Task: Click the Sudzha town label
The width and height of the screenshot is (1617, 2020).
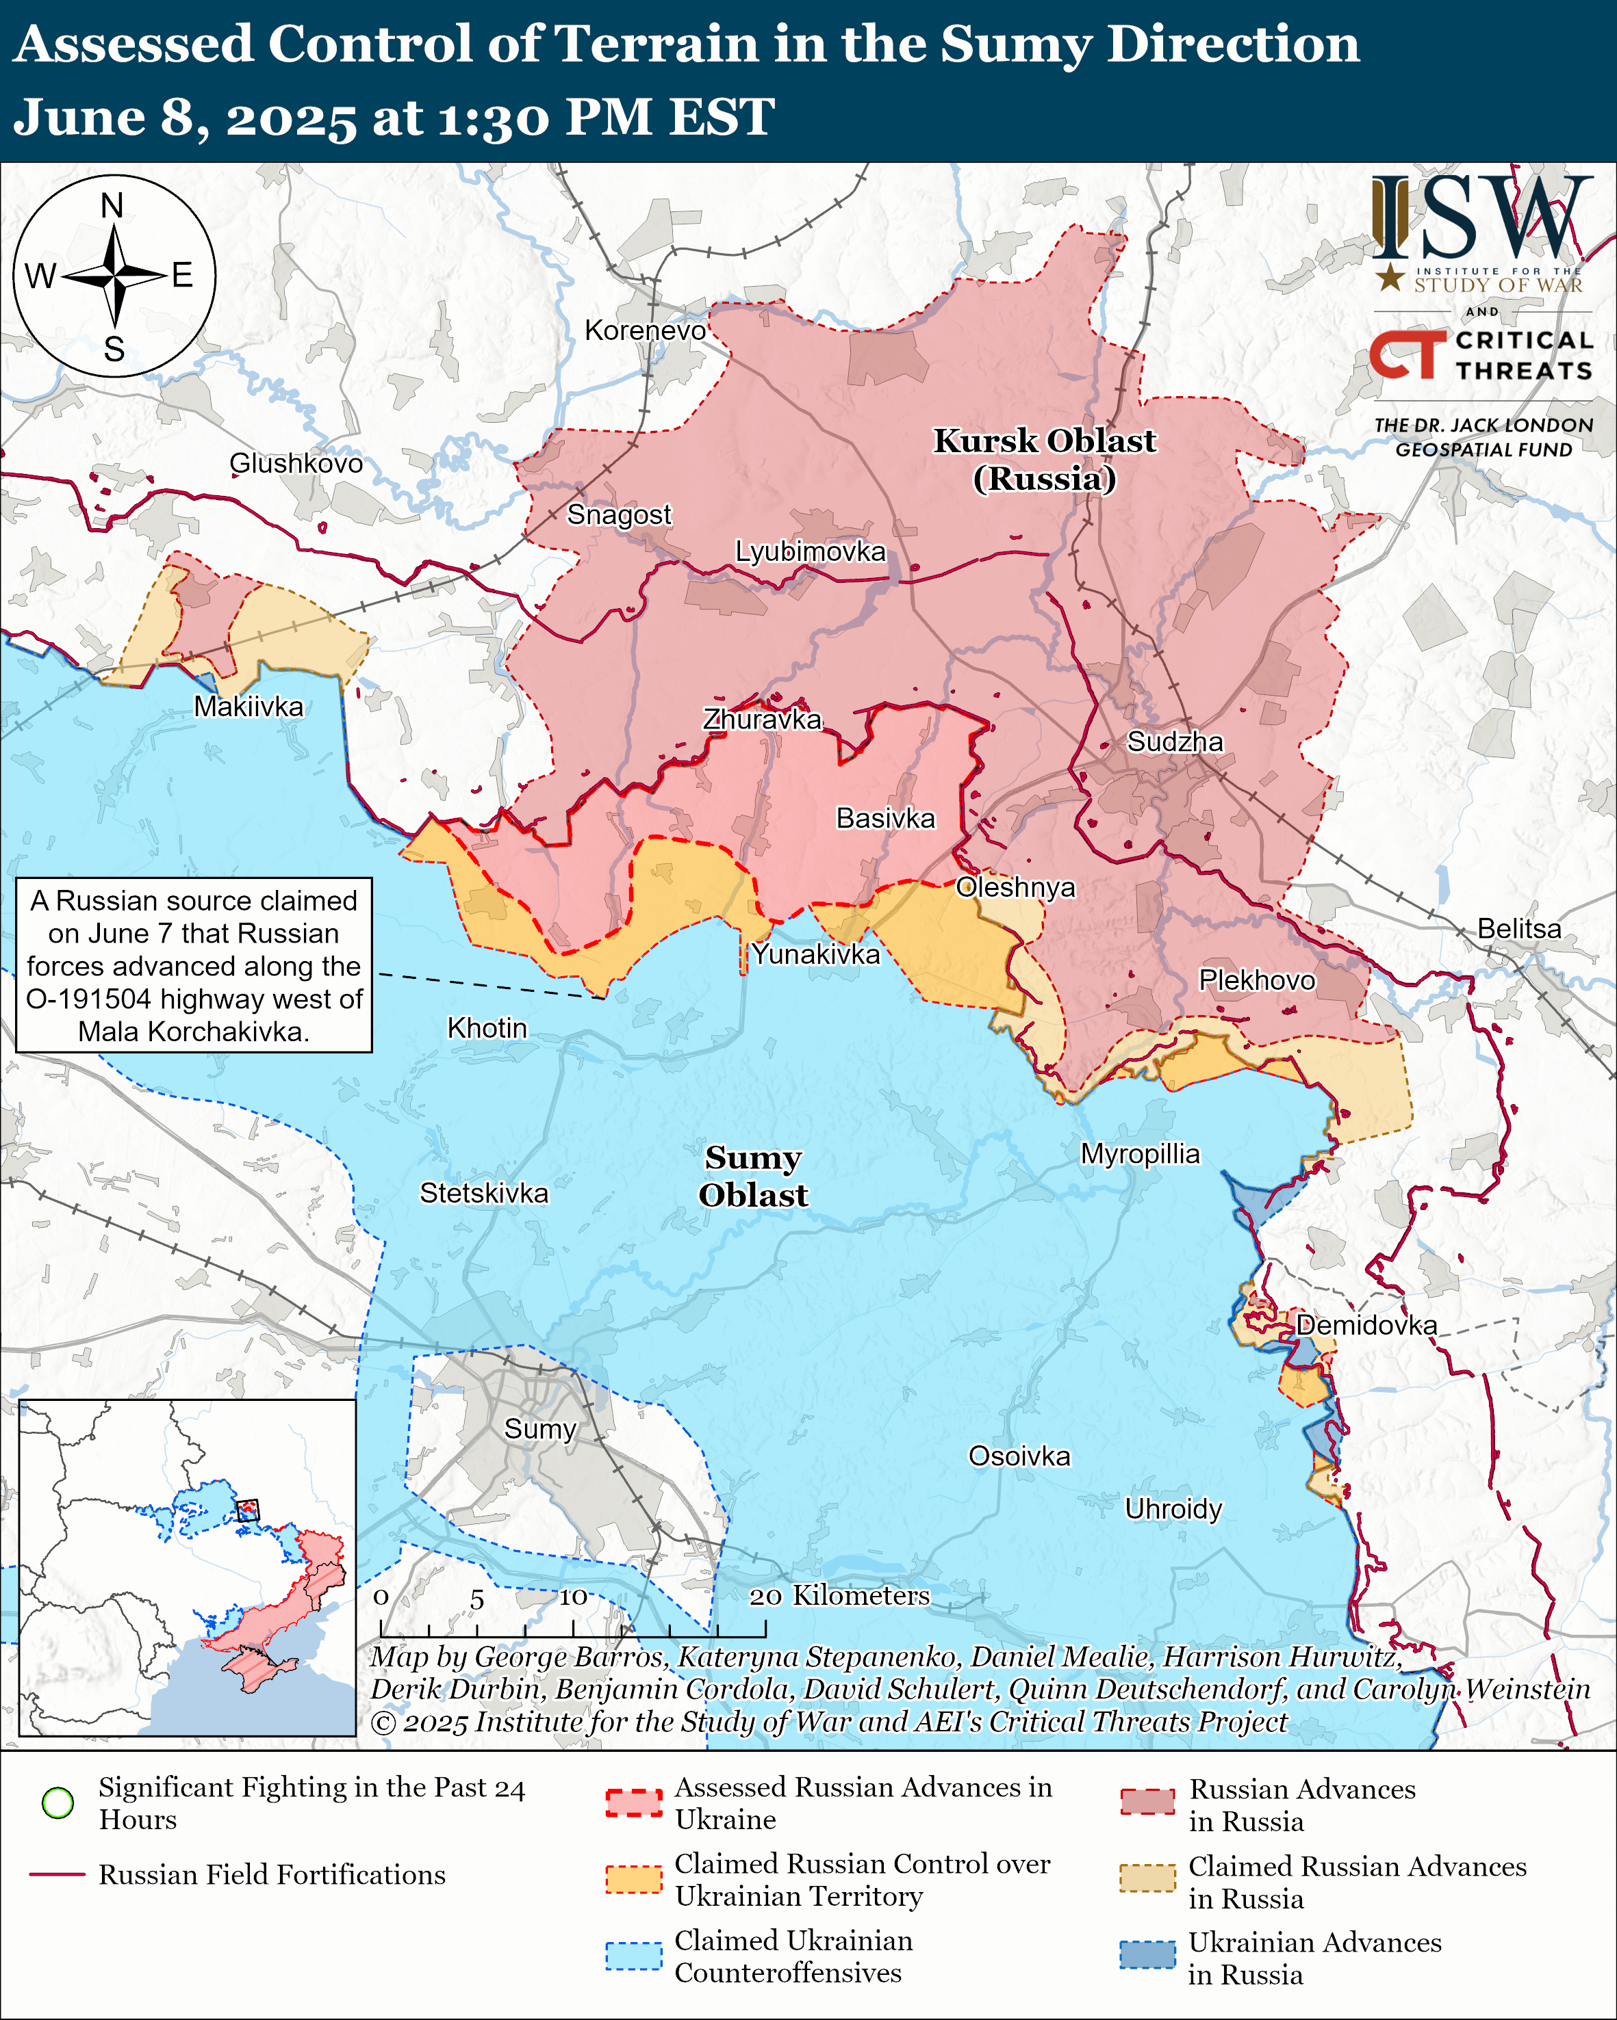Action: point(1175,742)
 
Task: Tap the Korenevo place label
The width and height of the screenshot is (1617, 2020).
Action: point(645,330)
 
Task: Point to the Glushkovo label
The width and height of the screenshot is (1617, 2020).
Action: point(296,463)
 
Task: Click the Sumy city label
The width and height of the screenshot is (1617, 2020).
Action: point(540,1429)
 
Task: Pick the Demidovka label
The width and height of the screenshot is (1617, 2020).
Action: point(1366,1325)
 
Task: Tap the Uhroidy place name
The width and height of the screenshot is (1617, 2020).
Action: point(1173,1510)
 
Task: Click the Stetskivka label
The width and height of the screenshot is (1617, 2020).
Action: point(484,1193)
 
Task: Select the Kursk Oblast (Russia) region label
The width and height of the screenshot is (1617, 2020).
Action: point(1044,459)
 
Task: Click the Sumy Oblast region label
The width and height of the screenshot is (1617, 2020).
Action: point(753,1176)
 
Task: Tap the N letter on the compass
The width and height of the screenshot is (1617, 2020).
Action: point(112,205)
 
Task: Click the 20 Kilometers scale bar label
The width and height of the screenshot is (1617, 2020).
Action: point(839,1596)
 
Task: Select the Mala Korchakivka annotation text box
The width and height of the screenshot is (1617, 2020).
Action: point(194,965)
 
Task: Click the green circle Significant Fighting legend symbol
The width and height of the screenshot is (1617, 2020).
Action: point(58,1802)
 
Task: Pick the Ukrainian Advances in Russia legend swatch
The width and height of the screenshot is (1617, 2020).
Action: point(1147,1955)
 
